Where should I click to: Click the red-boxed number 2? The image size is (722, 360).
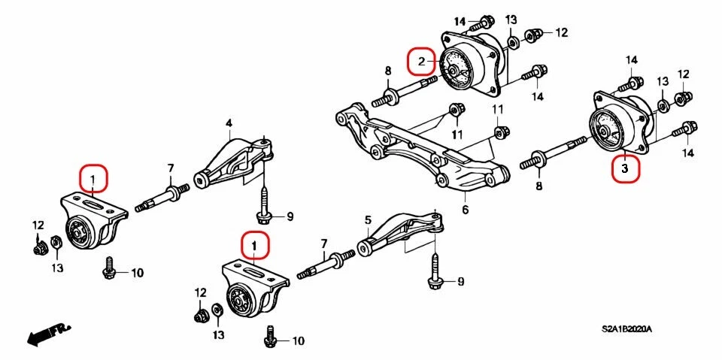pos(422,61)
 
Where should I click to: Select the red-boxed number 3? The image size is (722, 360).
pos(625,168)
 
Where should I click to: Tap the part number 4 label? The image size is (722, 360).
pos(229,123)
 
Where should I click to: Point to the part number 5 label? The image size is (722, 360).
pos(368,220)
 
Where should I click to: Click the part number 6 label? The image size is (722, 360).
pos(465,210)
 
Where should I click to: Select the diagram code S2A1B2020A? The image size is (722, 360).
pos(626,329)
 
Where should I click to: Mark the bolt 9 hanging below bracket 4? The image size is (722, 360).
pos(265,207)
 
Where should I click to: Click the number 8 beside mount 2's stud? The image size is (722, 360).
pos(388,71)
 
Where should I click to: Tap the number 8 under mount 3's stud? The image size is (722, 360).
pos(538,186)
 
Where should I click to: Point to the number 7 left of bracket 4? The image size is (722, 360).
pos(170,167)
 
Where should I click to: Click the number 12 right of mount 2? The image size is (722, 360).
pos(561,32)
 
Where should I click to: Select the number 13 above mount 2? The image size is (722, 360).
pos(511,19)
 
